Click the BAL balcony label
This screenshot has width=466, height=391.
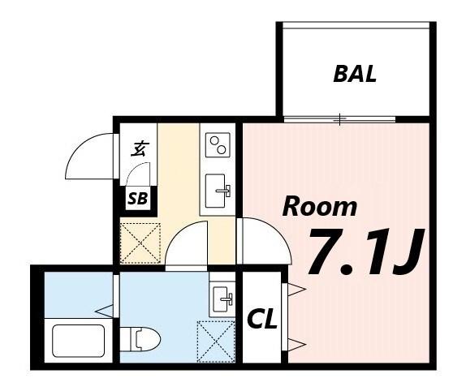355,75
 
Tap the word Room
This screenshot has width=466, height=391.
319,206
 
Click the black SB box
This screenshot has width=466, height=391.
137,199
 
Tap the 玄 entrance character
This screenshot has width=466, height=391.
140,148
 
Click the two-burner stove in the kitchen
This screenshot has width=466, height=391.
218,146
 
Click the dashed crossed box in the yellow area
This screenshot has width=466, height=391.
140,242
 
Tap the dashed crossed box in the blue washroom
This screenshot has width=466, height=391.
215,341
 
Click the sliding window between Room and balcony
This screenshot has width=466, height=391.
339,120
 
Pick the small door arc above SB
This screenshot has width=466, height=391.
139,174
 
